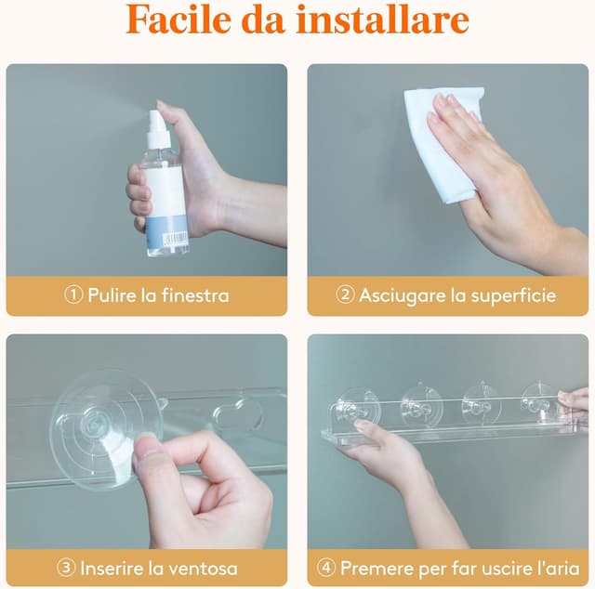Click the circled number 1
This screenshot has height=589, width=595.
tap(74, 295)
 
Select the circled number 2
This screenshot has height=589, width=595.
tap(345, 295)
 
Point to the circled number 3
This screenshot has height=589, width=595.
tap(67, 568)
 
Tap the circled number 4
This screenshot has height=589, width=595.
tap(325, 568)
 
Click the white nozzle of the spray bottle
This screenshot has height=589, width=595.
tap(155, 122)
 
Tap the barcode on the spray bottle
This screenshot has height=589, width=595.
tap(174, 239)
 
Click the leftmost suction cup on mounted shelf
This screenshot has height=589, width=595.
tap(360, 406)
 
